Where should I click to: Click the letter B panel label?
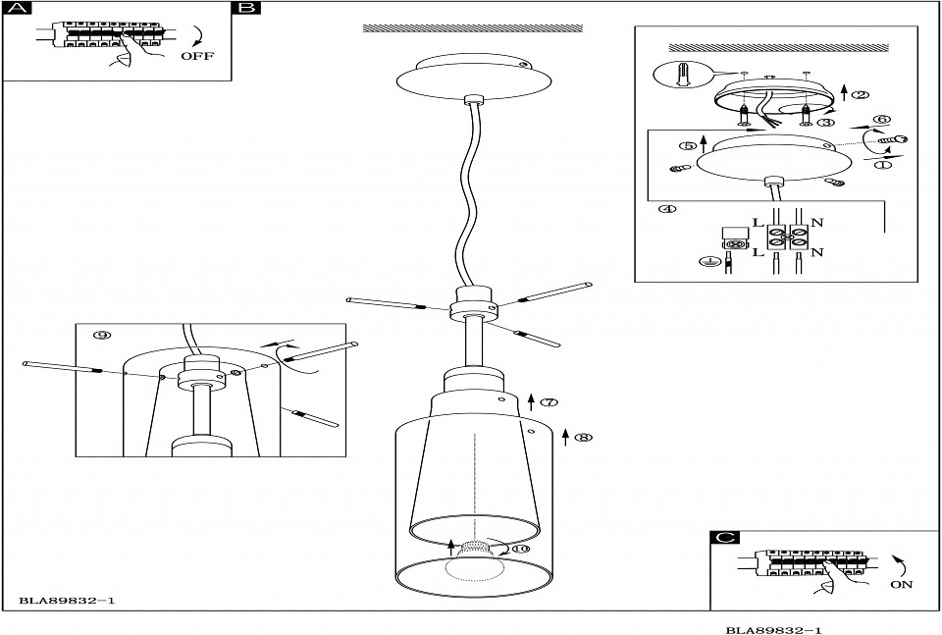(x=246, y=10)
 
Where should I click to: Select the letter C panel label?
(x=723, y=537)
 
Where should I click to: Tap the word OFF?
(x=196, y=55)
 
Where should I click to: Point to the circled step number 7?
(x=549, y=402)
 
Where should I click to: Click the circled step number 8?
(x=583, y=438)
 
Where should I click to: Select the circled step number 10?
(x=520, y=548)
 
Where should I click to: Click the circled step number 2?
(x=861, y=95)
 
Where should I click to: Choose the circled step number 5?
(x=688, y=146)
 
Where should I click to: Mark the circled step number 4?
(x=667, y=209)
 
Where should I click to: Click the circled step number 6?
(x=881, y=120)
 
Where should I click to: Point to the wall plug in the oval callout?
(x=685, y=76)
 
